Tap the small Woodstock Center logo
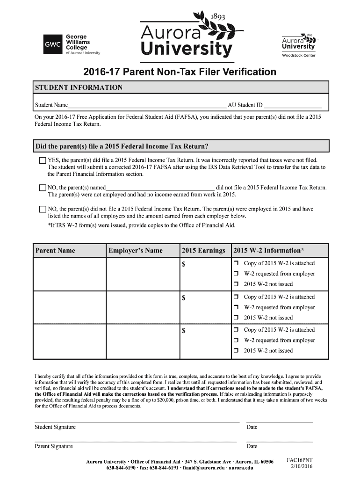click(x=298, y=45)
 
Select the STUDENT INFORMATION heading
click(x=79, y=87)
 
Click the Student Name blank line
click(x=147, y=105)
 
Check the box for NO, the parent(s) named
click(x=43, y=188)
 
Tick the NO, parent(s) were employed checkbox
click(x=43, y=209)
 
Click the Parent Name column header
click(x=55, y=251)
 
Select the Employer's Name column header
click(x=136, y=251)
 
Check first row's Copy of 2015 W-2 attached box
click(x=237, y=263)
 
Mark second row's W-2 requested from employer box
click(x=237, y=307)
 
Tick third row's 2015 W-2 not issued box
click(x=237, y=351)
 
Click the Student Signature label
click(x=55, y=427)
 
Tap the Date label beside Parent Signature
click(x=252, y=446)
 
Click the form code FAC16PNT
click(x=299, y=460)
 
